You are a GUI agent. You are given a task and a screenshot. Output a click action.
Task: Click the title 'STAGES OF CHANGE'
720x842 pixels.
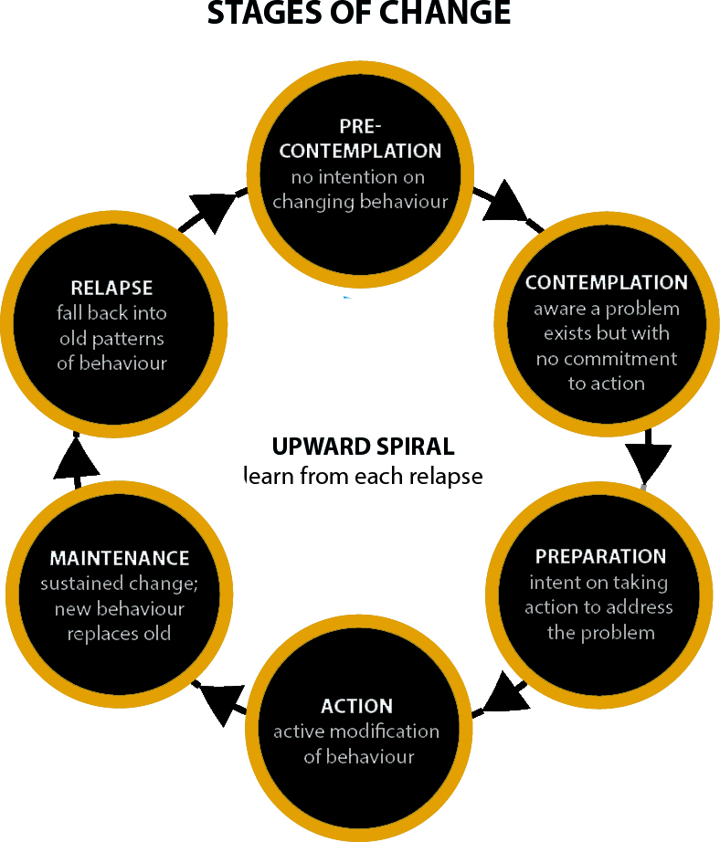point(359,14)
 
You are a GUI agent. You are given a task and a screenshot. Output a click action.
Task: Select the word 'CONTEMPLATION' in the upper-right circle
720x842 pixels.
point(607,283)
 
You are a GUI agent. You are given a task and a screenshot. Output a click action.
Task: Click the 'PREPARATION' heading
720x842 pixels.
point(600,557)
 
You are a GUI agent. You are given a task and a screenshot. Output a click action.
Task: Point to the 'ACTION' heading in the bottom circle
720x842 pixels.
point(357,706)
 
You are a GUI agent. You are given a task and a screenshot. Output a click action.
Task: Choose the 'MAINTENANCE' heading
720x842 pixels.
point(120,558)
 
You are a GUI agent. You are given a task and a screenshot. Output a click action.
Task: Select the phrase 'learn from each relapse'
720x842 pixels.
point(363,477)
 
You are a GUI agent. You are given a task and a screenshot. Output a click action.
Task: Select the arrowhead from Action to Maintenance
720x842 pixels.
point(217,699)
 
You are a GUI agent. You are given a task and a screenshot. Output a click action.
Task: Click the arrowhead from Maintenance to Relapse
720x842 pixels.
point(73,454)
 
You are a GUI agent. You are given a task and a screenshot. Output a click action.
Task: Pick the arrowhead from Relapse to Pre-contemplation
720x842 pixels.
point(214,210)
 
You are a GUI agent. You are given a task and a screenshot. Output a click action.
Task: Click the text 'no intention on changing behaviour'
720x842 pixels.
point(360,189)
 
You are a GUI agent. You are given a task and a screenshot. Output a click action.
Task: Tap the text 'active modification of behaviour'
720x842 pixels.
point(357,744)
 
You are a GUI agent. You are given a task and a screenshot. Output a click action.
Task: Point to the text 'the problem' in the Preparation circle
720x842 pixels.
point(600,632)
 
